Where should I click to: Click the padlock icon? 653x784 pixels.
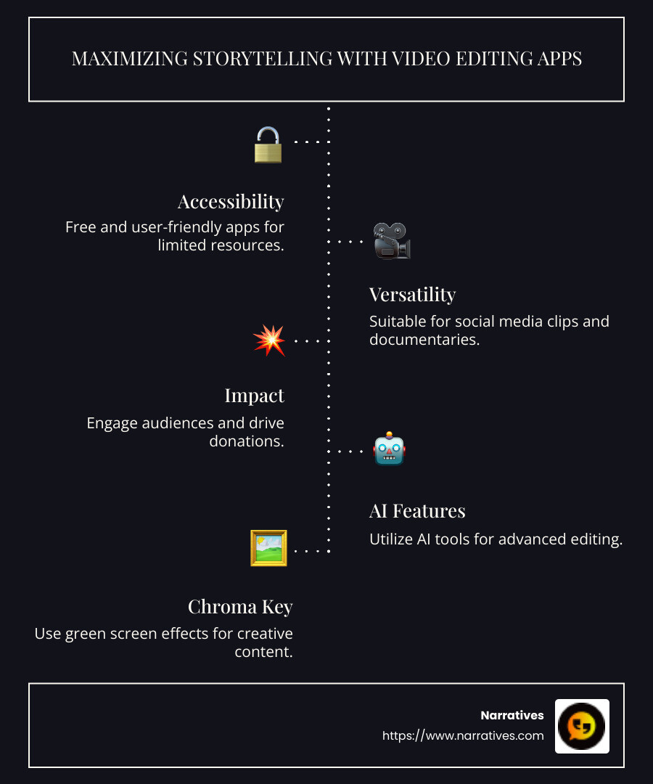[268, 144]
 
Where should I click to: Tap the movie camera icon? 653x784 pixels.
[392, 241]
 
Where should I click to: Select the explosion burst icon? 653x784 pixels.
[268, 340]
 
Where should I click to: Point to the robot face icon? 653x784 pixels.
[390, 450]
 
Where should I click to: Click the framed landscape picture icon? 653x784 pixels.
[268, 548]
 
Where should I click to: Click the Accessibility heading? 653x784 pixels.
[231, 201]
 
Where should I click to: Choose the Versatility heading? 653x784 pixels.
[412, 295]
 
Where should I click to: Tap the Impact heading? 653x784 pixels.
[254, 396]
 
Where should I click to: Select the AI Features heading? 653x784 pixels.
[417, 511]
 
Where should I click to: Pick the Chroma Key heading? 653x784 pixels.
[240, 606]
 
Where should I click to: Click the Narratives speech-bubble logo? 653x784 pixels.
[582, 726]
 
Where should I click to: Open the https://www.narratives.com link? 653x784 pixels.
[463, 736]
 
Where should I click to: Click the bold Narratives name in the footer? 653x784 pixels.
[512, 716]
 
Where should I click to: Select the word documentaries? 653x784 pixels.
[424, 339]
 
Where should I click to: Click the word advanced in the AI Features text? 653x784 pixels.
[535, 539]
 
